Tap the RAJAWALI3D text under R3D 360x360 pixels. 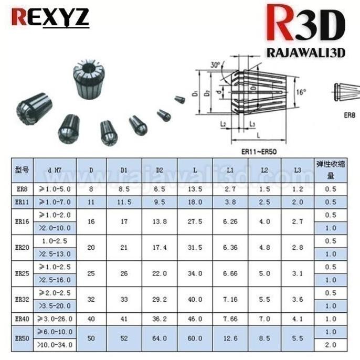point(306,53)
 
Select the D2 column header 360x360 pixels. point(160,170)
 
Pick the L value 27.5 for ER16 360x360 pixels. point(195,221)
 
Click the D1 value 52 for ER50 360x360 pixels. point(124,338)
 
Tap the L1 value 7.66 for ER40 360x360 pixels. point(230,319)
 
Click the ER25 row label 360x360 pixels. point(22,274)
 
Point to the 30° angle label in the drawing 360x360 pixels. point(215,65)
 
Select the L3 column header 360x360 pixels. point(298,170)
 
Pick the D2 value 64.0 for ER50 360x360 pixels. point(160,338)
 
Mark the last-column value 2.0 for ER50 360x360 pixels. point(330,345)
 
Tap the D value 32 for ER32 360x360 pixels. point(91,300)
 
